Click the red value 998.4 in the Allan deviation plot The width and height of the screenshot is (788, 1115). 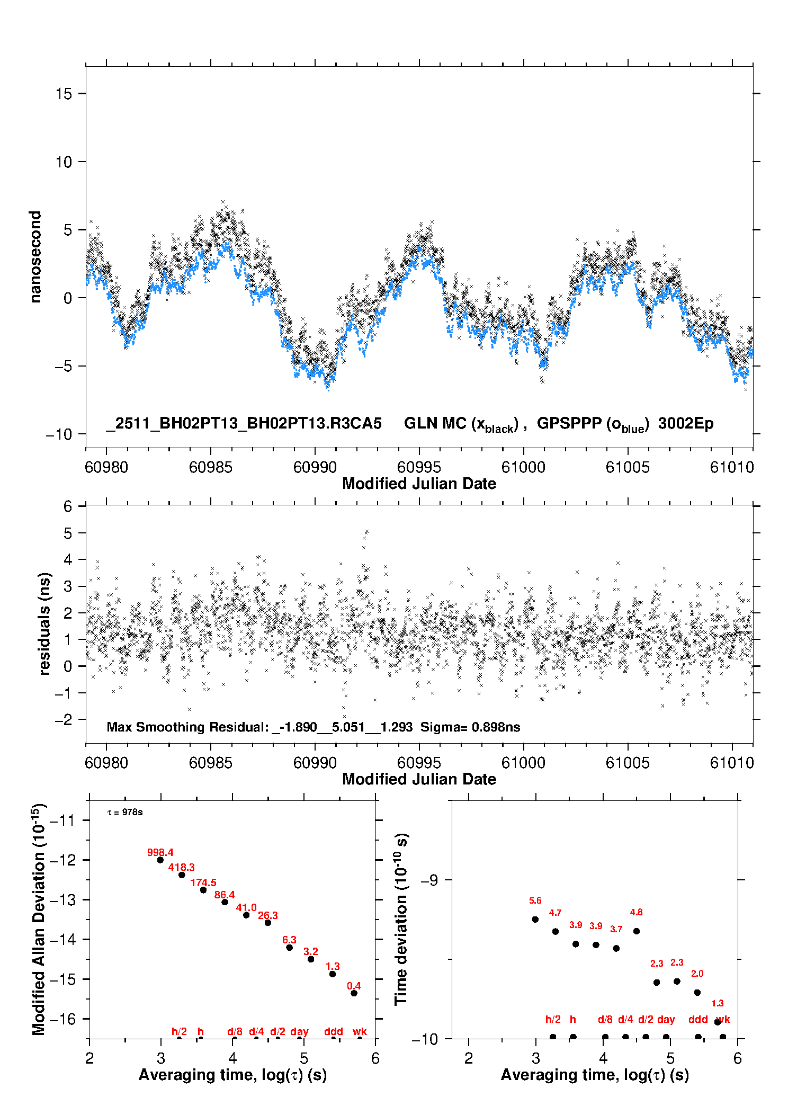pos(160,852)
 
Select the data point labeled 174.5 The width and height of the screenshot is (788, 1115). pos(203,890)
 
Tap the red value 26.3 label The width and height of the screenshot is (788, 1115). pos(267,915)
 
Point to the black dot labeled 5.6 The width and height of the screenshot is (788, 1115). pos(535,920)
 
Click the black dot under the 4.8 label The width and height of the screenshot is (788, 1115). pos(637,931)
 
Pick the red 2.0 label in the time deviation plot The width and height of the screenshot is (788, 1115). pos(697,974)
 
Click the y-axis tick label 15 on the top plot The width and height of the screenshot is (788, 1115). pos(64,94)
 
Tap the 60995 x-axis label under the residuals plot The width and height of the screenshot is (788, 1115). pos(419,763)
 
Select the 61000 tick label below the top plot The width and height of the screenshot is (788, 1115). pos(523,467)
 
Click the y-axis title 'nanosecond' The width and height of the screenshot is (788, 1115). pos(35,257)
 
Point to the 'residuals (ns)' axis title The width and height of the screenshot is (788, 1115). pos(44,623)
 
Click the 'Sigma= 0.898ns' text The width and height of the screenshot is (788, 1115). pos(470,727)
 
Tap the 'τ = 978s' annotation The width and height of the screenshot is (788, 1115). pos(125,813)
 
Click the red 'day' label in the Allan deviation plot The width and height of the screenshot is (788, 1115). pos(299,1031)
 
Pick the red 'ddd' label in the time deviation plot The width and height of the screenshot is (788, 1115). pos(698,1019)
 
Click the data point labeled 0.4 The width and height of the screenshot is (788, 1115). pos(354,993)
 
